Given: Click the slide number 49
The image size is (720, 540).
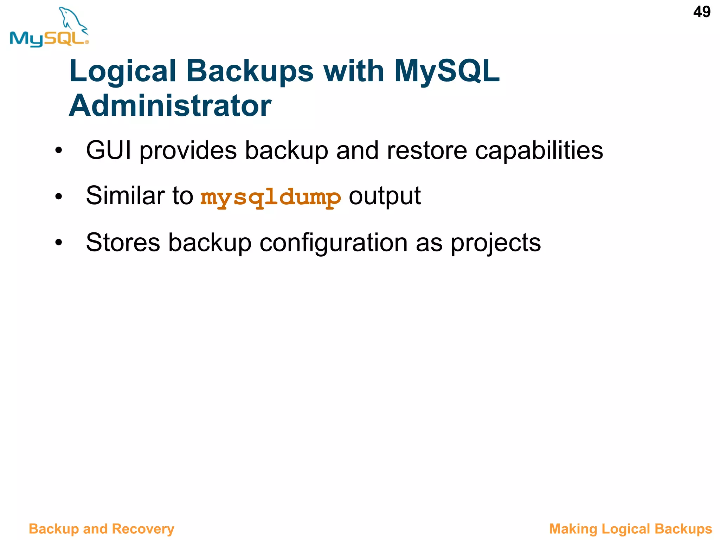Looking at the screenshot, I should click(701, 12).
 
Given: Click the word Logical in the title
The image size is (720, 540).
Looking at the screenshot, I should click(123, 71).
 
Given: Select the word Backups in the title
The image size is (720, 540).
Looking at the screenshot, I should click(250, 71).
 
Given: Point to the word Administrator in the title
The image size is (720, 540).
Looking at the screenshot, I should click(170, 106).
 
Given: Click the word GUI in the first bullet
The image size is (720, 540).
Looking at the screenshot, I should click(108, 151).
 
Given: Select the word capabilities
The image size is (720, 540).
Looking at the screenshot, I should click(539, 151).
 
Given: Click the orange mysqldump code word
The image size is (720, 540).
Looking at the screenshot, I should click(270, 197).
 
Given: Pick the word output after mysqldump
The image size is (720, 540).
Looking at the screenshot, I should click(385, 196).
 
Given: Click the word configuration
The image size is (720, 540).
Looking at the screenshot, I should click(333, 243).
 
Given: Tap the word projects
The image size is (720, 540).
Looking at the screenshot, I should click(496, 243).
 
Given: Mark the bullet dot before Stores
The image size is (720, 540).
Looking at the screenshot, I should click(58, 243).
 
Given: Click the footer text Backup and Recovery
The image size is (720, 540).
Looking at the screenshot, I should click(102, 529).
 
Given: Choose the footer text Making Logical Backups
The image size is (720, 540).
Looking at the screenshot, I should click(630, 529).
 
